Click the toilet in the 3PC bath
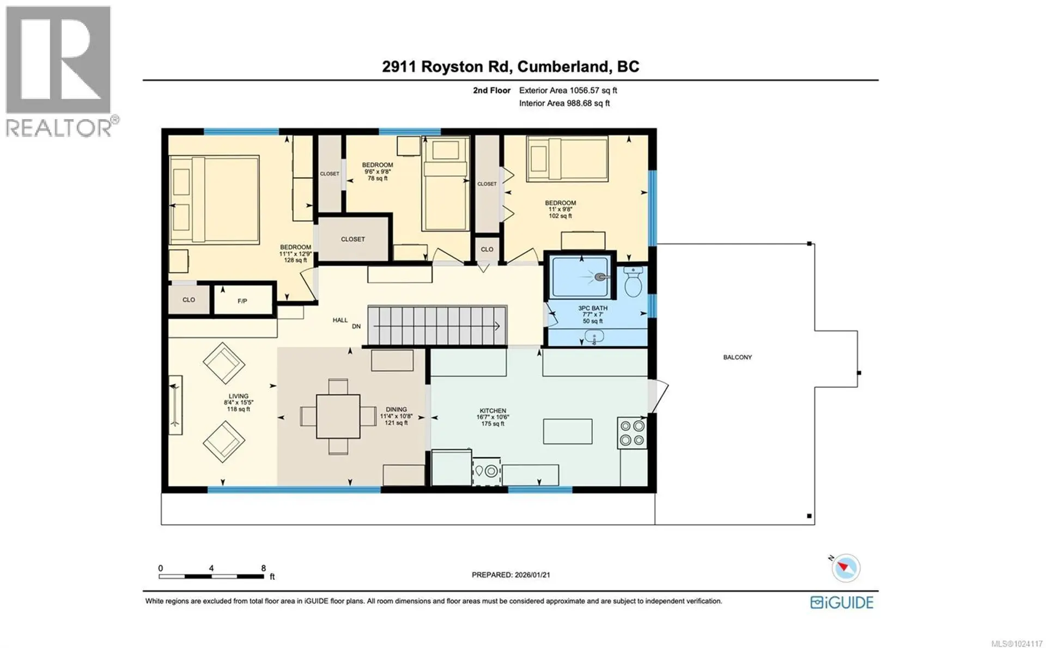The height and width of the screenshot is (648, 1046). click(633, 282)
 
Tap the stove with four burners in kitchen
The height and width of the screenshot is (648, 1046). click(632, 433)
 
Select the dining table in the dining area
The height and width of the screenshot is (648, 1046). click(338, 417)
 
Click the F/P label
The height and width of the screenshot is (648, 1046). click(242, 301)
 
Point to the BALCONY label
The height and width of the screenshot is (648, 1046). click(737, 357)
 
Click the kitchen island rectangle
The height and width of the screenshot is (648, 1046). click(568, 431)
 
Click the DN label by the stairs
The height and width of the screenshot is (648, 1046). click(356, 327)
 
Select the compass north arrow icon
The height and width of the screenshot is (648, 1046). click(844, 568)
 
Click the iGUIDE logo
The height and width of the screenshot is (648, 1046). click(842, 602)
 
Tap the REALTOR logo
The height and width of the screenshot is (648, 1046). click(59, 71)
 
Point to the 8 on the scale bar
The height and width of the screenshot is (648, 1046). click(264, 568)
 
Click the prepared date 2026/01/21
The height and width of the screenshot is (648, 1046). click(531, 574)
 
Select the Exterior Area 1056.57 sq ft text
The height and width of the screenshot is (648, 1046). click(568, 90)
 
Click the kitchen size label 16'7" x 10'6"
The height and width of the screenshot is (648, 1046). click(492, 417)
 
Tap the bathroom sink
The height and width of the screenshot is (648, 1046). click(594, 338)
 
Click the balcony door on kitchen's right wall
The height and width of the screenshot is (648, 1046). click(658, 395)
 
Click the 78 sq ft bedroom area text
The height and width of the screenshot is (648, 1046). click(378, 178)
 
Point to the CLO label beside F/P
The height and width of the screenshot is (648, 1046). click(188, 300)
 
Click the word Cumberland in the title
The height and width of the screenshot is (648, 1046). click(564, 66)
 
